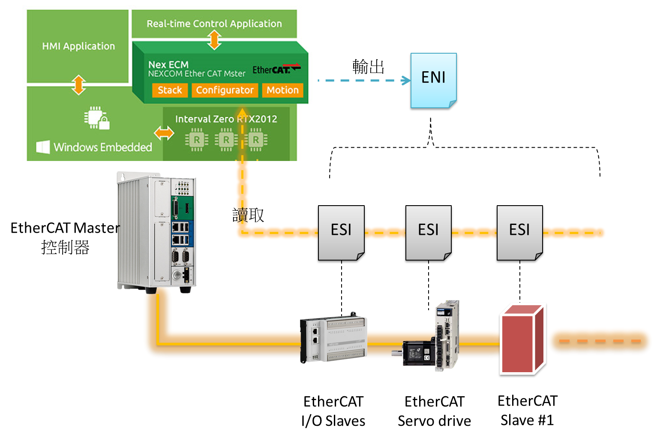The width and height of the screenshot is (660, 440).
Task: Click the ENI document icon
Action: click(x=433, y=81)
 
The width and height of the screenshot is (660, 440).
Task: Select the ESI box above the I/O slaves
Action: click(x=341, y=234)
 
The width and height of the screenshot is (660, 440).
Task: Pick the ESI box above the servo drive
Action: click(x=428, y=234)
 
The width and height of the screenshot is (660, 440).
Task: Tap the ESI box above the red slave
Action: click(x=519, y=234)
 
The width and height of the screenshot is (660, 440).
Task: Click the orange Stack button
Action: click(x=170, y=90)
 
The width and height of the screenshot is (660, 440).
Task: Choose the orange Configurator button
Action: click(x=225, y=90)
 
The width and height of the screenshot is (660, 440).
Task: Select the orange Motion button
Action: click(x=282, y=90)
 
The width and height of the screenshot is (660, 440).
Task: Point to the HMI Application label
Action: click(x=78, y=46)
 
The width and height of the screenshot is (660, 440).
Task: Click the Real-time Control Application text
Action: click(x=214, y=24)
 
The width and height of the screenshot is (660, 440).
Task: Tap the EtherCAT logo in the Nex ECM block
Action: click(x=276, y=69)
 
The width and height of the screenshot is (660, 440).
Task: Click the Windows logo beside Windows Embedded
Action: click(x=43, y=147)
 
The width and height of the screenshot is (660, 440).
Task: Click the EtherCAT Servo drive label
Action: click(x=434, y=411)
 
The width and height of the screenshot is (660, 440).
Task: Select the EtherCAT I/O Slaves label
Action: click(x=333, y=411)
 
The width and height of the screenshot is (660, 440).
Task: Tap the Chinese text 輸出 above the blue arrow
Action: click(x=368, y=67)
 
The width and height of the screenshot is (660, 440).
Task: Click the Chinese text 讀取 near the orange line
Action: click(x=248, y=215)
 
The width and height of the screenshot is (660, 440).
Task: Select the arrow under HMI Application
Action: click(x=78, y=85)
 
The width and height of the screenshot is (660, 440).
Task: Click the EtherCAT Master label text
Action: click(x=65, y=228)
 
